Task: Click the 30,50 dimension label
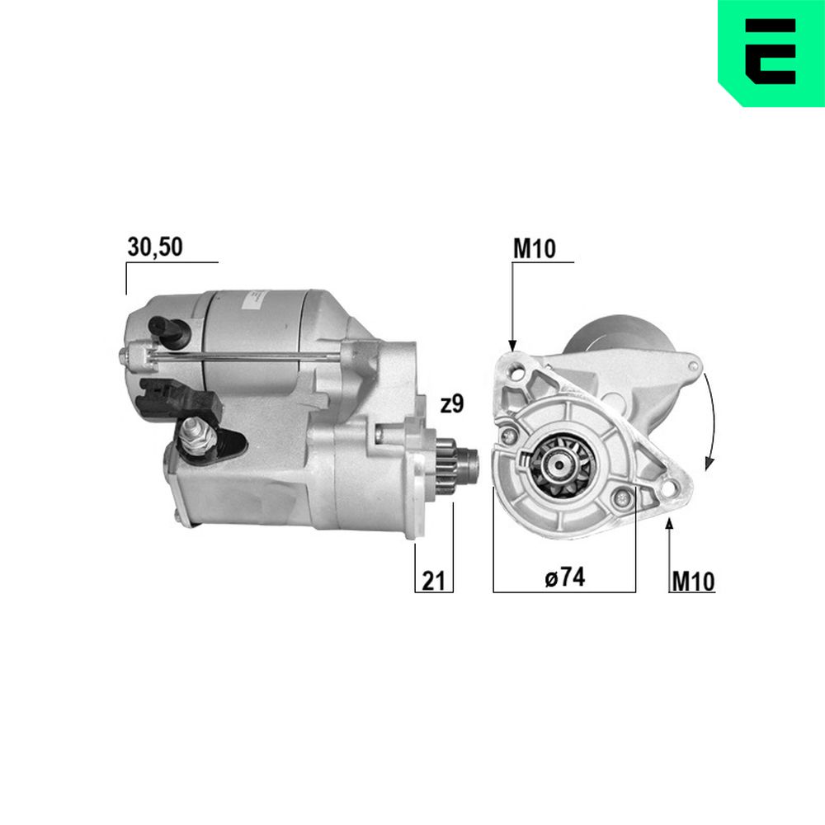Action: [x=155, y=247]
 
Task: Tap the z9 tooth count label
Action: [x=452, y=404]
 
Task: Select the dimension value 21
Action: [x=434, y=580]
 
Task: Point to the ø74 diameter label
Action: [x=564, y=577]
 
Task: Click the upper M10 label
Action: [x=534, y=249]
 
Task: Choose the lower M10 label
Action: [x=693, y=582]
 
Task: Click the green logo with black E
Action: [x=771, y=53]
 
